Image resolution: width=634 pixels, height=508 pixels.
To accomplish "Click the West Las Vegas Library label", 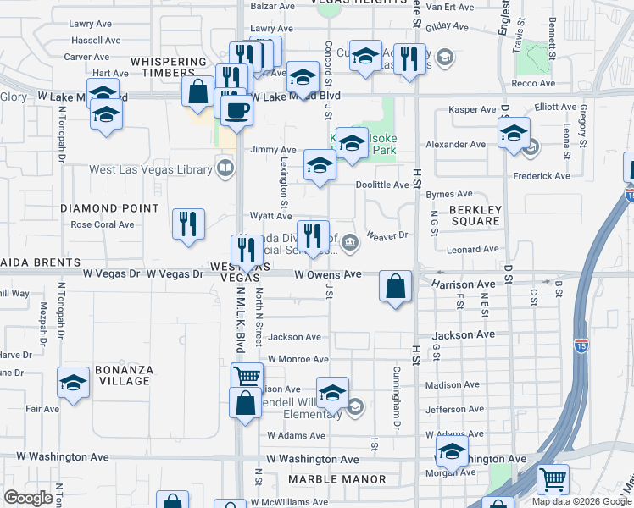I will tap(151, 169).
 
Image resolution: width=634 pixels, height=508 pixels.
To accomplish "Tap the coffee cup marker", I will tap(236, 109).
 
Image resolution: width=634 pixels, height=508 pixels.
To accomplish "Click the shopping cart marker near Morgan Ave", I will tap(553, 480).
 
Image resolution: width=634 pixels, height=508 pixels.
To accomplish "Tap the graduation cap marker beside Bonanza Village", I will tap(74, 384).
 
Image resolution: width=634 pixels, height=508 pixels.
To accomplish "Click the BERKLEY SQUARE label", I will tap(475, 215).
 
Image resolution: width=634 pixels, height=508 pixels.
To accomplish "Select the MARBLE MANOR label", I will tap(336, 479).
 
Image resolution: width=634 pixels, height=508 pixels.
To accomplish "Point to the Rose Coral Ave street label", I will tap(103, 224).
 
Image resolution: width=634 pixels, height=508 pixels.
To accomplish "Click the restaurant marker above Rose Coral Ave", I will tap(187, 224).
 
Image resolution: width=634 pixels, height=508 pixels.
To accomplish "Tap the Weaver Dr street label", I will tap(387, 235).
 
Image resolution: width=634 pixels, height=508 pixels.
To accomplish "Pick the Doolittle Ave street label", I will tap(382, 185).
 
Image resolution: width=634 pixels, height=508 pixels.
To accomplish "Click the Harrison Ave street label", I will tap(462, 284).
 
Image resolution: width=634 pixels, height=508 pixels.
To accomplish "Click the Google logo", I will tap(28, 497).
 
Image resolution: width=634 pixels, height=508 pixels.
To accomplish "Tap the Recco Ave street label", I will tap(534, 83).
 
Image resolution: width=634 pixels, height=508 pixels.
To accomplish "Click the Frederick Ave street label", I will tap(542, 176).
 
